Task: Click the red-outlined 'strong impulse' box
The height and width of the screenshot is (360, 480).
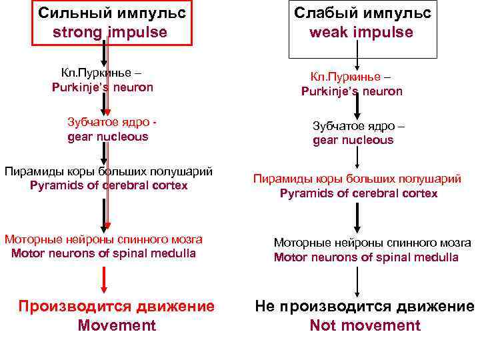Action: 111,23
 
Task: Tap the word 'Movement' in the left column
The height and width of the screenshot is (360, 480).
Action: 117,325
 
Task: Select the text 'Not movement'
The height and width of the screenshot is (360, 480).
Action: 365,325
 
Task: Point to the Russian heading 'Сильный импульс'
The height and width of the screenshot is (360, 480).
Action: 111,13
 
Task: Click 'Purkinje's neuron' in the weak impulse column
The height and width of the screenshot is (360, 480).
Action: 351,91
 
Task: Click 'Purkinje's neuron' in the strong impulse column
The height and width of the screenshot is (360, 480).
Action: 103,87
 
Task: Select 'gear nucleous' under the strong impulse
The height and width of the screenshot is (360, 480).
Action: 108,137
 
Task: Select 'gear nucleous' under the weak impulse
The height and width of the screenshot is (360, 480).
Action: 353,140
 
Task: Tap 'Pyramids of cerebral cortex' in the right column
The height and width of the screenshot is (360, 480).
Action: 359,193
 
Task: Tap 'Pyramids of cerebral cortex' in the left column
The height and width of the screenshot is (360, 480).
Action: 109,185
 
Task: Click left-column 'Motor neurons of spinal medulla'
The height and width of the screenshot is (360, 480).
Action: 104,253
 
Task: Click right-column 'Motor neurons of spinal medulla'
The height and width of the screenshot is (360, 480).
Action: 366,257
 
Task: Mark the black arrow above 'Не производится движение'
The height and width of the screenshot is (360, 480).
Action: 357,281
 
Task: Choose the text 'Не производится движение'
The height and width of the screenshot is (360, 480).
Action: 365,307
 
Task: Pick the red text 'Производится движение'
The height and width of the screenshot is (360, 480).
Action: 117,307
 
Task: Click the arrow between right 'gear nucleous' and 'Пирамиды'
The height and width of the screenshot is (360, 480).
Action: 357,158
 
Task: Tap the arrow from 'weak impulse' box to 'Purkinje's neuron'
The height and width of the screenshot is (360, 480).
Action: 357,67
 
